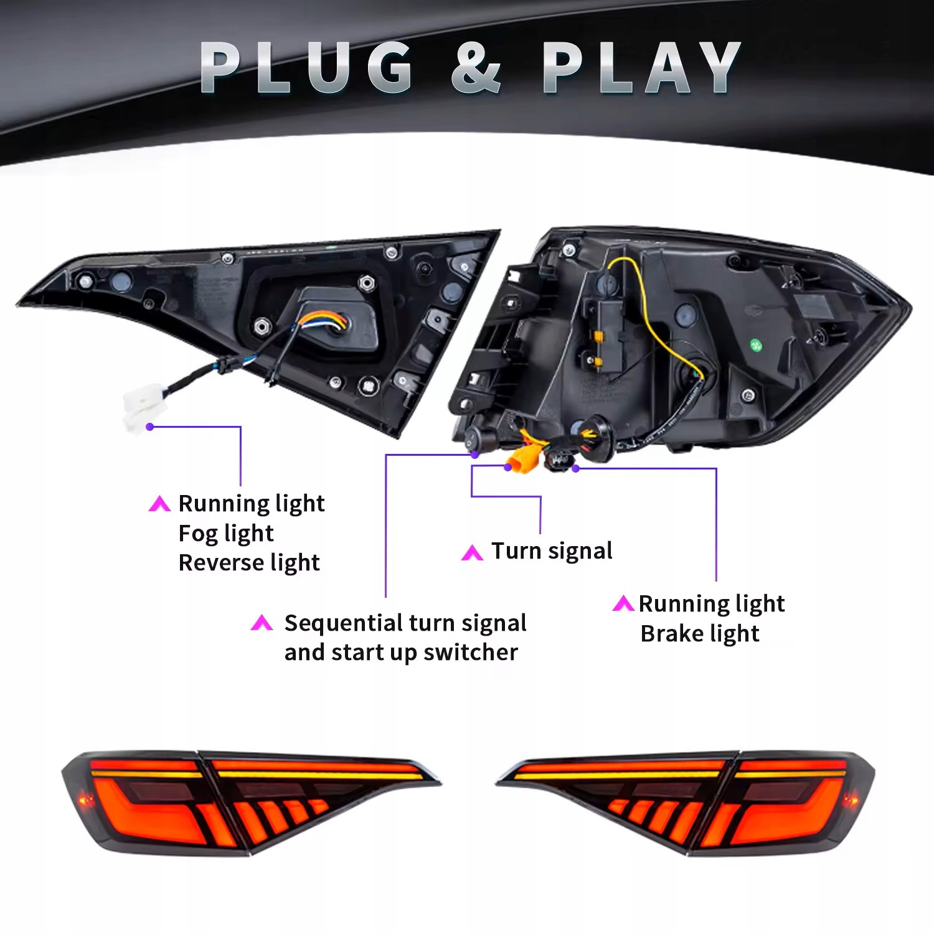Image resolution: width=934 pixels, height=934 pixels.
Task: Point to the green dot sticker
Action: [x=755, y=344]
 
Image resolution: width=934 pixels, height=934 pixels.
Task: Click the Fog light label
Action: [x=226, y=534]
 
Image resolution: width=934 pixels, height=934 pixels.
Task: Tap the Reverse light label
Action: [x=249, y=563]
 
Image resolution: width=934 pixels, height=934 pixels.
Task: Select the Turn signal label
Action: [x=552, y=551]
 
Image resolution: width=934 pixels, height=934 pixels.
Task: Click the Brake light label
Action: [x=700, y=634]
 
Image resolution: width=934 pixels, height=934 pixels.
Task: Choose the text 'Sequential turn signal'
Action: [x=405, y=623]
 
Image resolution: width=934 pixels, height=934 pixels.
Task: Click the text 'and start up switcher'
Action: [x=401, y=653]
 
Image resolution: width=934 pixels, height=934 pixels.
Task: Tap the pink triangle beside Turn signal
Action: [x=472, y=553]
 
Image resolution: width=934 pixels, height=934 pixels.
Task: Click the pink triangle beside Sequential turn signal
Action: [x=262, y=623]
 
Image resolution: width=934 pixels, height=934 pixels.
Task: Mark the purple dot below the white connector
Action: [x=150, y=427]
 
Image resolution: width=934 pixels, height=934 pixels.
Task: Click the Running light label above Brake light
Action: [x=712, y=604]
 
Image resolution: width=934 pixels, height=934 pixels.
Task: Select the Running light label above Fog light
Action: [x=252, y=504]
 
